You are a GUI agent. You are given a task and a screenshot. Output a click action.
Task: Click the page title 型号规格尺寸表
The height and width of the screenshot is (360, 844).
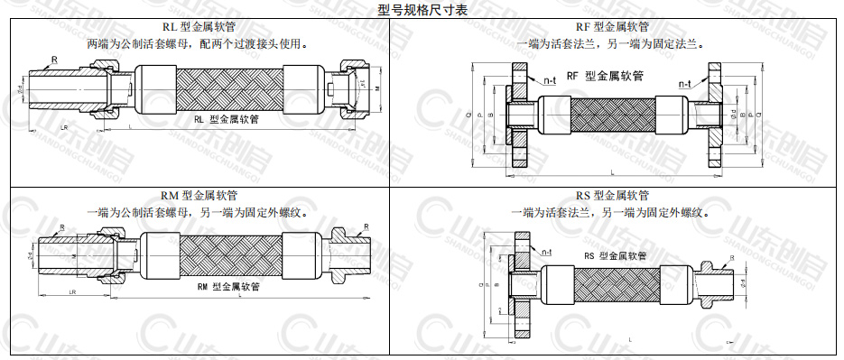click(422, 9)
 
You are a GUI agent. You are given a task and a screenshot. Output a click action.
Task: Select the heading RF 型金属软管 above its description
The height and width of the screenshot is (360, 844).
click(611, 28)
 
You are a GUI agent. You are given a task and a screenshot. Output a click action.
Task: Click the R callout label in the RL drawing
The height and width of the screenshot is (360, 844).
click(54, 60)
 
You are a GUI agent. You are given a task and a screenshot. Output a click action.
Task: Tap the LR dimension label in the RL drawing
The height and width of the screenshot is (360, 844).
click(63, 128)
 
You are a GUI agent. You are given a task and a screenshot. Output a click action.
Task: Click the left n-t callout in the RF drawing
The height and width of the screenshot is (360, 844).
click(550, 81)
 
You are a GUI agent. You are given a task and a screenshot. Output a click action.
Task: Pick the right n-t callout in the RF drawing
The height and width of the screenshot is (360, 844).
click(683, 83)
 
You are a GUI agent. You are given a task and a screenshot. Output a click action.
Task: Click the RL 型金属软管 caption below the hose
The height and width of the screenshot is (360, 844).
click(223, 119)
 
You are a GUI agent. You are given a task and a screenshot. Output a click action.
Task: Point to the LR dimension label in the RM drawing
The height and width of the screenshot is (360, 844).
click(72, 294)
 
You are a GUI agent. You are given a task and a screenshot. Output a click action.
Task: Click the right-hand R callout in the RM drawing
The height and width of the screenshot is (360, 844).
click(366, 226)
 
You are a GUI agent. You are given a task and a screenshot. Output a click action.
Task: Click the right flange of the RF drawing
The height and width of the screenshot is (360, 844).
click(717, 115)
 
